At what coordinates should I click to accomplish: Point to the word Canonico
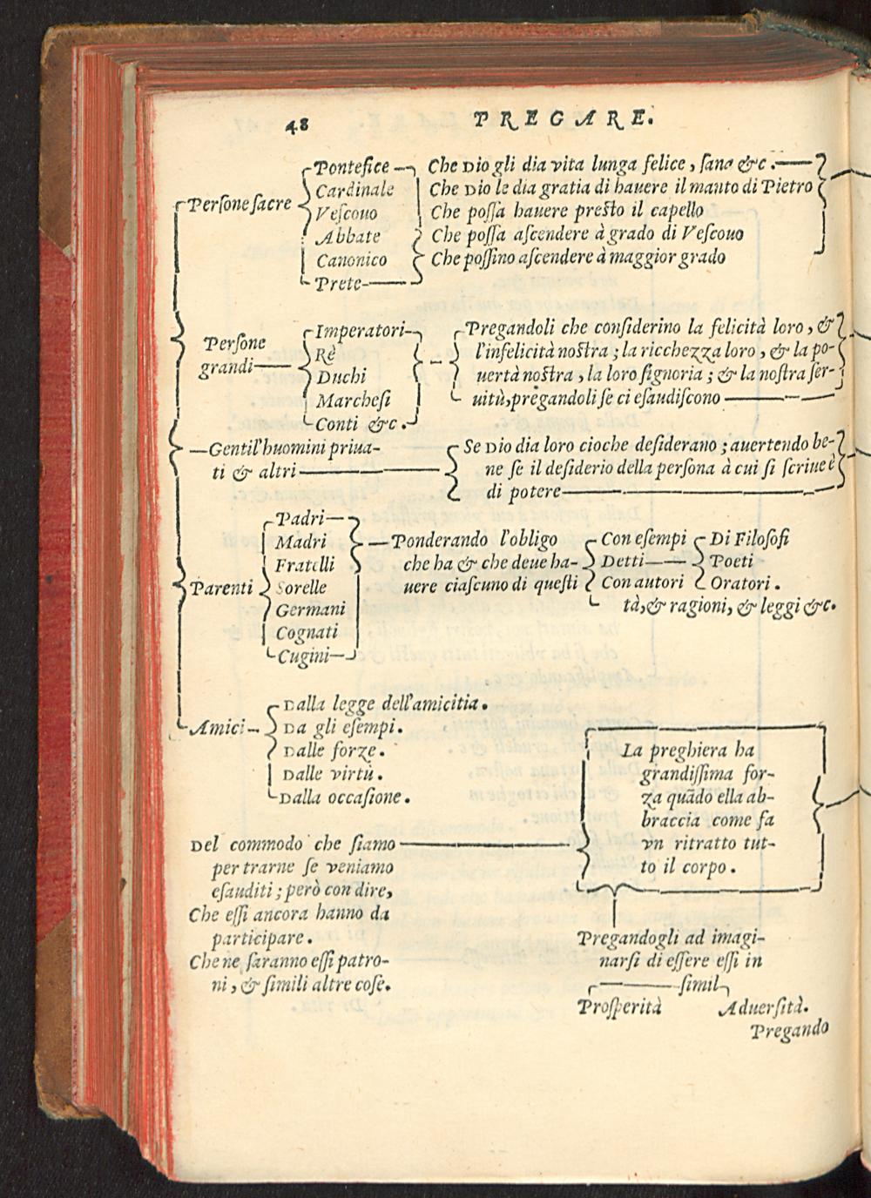352,259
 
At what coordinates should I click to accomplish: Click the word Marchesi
354,401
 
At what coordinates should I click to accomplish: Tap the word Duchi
341,378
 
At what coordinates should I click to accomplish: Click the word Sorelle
300,587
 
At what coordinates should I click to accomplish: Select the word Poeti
733,561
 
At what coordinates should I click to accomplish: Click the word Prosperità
619,1007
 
